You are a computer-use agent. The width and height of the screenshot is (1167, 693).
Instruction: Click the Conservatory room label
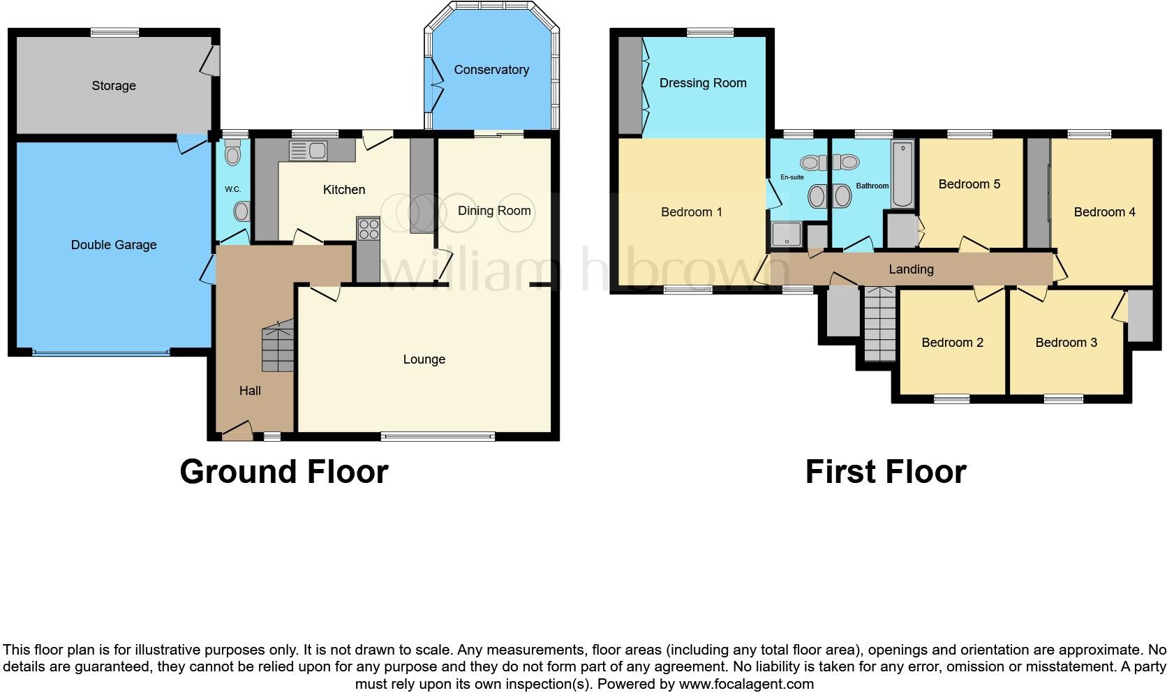coord(491,70)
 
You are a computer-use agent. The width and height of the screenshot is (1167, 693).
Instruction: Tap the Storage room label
coord(114,86)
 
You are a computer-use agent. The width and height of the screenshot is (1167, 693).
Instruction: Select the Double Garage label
coord(114,245)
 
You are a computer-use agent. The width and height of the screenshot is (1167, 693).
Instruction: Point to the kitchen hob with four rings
coord(368,230)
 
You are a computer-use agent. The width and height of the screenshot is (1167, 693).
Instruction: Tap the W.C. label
coord(232,189)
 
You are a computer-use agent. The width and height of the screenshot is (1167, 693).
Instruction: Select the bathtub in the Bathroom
coord(902,174)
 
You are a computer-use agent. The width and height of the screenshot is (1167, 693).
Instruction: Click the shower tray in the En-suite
coord(787,236)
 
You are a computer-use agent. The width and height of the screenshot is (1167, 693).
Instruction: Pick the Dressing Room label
coord(703,83)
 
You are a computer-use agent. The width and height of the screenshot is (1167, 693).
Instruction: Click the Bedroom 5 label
coord(969,184)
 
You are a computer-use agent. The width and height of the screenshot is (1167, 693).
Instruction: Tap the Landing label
coord(911,269)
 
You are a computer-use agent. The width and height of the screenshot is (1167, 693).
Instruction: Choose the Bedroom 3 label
coord(1066,343)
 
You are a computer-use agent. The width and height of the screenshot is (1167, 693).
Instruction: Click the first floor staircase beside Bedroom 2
coord(879,322)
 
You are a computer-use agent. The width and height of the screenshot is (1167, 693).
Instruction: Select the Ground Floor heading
coord(283,472)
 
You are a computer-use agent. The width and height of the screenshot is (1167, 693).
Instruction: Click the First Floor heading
coord(885,472)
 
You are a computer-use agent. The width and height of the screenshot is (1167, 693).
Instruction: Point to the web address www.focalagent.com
coord(746,684)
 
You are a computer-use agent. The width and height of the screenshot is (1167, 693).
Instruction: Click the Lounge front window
coord(438,437)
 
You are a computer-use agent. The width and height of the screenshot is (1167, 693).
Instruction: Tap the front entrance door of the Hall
coord(237,431)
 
